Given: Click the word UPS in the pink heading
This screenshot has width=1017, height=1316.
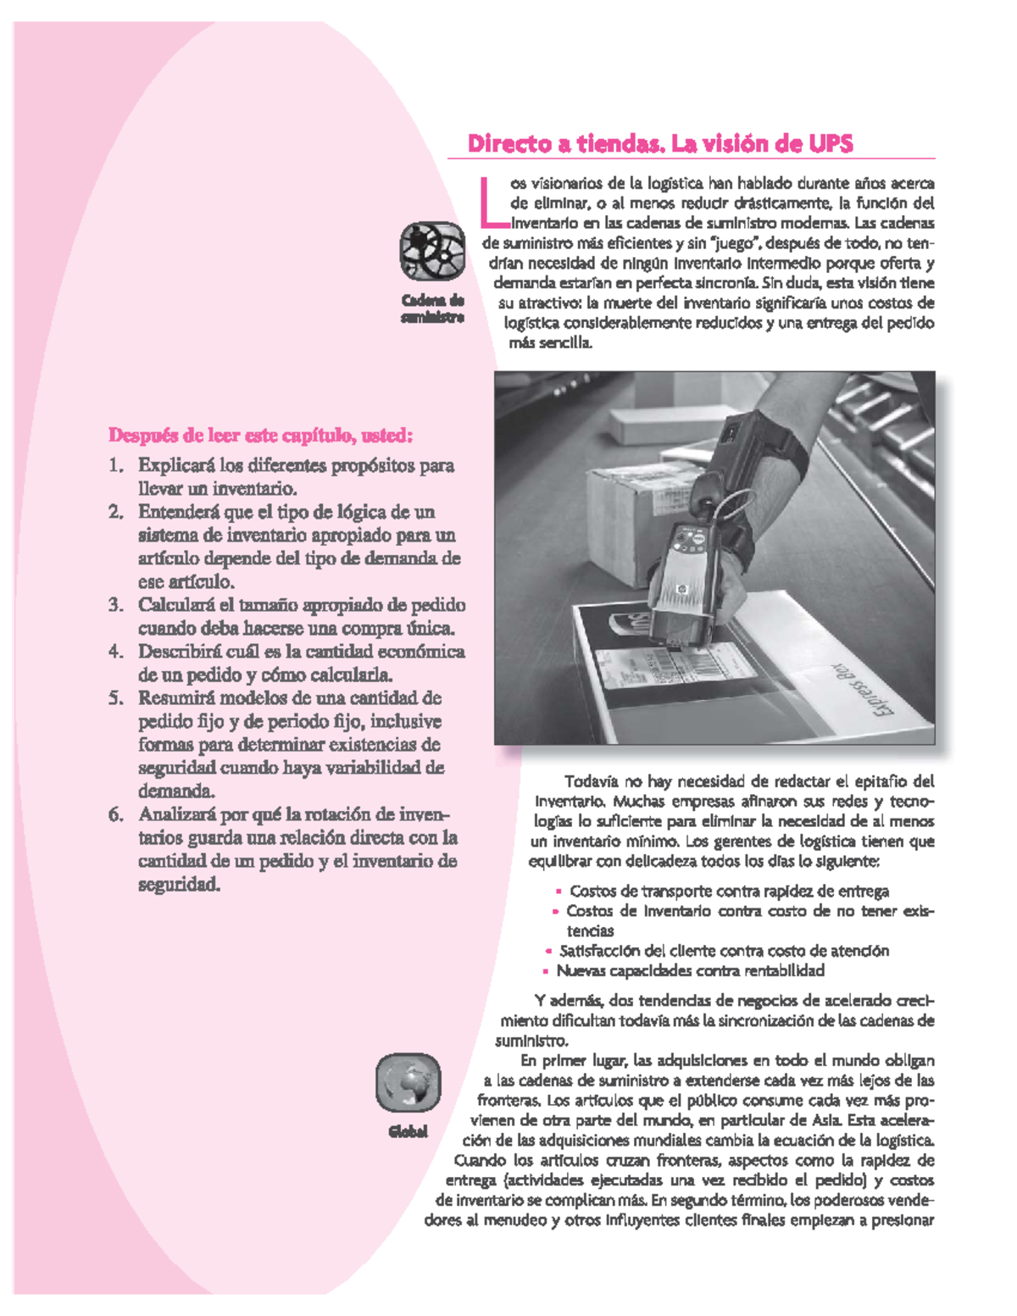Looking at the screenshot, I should tap(831, 144).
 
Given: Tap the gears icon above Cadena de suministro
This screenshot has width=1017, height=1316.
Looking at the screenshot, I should tap(432, 251).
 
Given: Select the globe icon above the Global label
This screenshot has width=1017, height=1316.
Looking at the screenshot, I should tap(408, 1083).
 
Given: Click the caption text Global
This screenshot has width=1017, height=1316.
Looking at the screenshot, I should tap(408, 1132).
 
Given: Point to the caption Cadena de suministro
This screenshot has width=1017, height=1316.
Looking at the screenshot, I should tap(432, 309).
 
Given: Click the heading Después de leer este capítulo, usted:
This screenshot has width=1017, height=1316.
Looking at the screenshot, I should tap(260, 436).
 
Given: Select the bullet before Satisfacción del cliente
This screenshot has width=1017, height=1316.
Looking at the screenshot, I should tap(549, 952).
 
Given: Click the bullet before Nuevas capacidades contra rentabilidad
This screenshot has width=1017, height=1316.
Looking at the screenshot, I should tap(546, 972).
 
